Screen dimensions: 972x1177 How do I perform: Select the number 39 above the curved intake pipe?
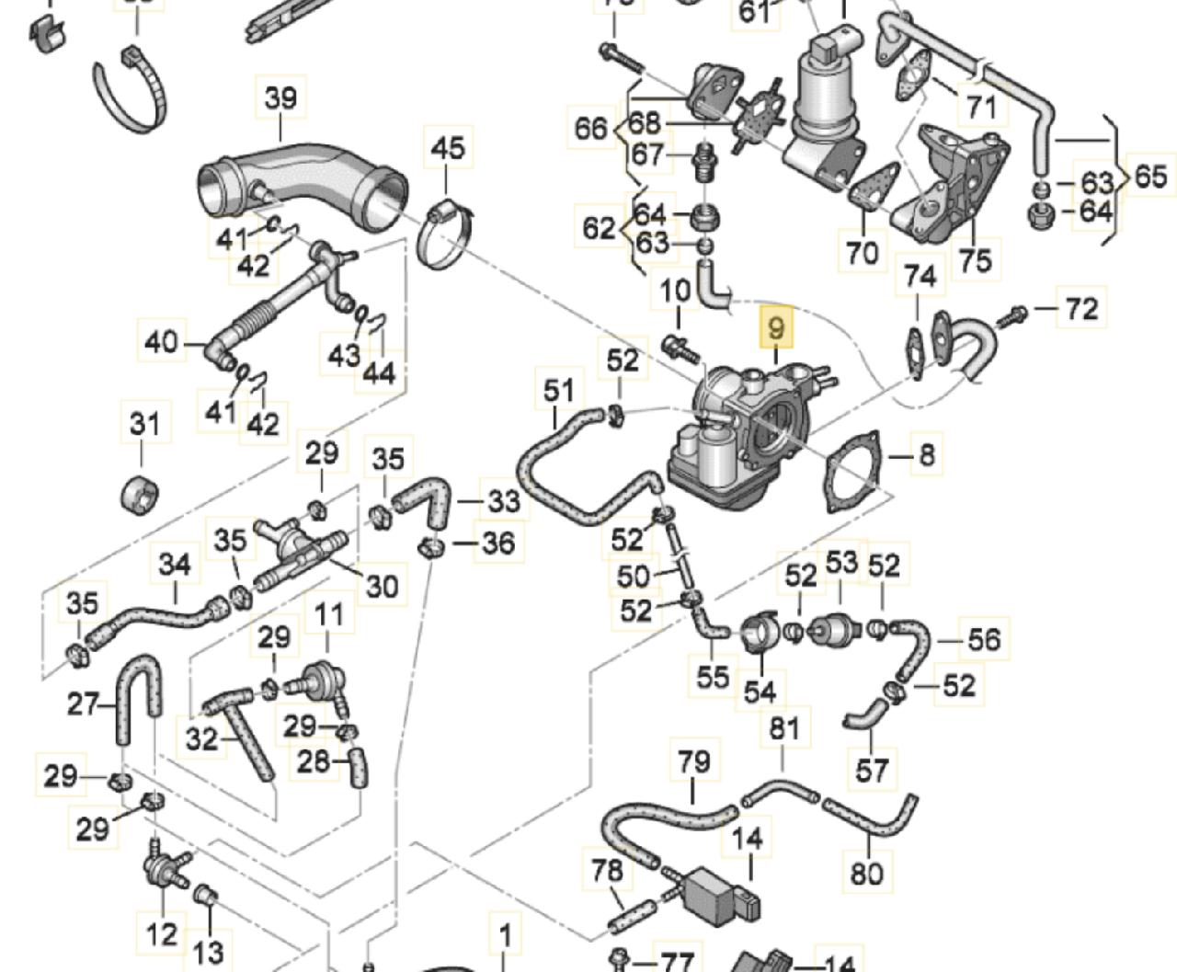coord(280,97)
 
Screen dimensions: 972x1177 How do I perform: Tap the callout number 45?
coord(448,147)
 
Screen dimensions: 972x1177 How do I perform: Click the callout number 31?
coord(144,424)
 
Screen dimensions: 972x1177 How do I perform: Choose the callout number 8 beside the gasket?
coord(926,454)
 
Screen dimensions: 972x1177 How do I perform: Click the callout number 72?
coord(1081,308)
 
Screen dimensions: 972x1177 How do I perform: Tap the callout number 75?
coord(975,260)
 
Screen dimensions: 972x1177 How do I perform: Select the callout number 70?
coord(862,251)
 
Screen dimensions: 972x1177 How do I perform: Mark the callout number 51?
coord(558,390)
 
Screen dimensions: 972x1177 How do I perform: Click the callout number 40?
coord(161,342)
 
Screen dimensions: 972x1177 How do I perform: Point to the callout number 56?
coord(983,639)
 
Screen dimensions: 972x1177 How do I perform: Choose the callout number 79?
coord(693,761)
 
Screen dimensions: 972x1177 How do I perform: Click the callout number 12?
coord(162,934)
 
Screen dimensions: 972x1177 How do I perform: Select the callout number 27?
coord(83,704)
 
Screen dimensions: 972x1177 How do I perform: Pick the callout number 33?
coord(503,501)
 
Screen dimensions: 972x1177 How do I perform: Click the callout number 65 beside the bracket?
coord(1150,176)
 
